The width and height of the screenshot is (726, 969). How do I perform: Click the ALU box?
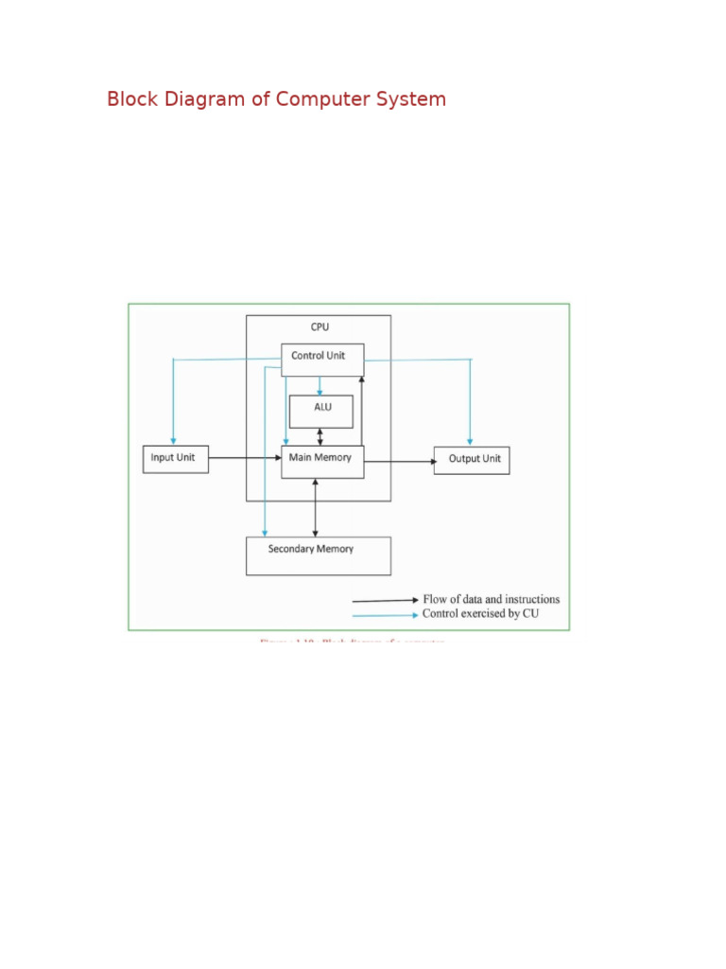(x=321, y=410)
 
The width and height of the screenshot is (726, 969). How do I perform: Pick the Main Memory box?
(x=322, y=461)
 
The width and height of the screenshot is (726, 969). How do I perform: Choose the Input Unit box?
(x=175, y=459)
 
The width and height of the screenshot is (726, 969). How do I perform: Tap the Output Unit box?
(x=472, y=460)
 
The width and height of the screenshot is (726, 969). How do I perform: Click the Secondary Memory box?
(x=318, y=555)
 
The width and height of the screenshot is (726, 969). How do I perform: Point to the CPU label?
(x=320, y=327)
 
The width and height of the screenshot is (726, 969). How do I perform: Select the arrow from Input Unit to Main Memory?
(x=244, y=459)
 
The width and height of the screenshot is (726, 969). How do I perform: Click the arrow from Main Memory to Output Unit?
(x=399, y=462)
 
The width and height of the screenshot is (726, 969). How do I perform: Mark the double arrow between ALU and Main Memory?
(x=320, y=436)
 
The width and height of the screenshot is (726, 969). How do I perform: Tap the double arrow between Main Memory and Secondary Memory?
(x=315, y=508)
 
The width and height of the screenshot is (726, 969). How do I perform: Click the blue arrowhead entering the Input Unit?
(x=173, y=440)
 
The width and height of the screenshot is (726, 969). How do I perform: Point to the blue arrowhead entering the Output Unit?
(x=471, y=441)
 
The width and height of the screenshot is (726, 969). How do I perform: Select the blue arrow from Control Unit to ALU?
(x=320, y=385)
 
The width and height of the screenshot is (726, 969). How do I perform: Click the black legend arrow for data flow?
(x=385, y=600)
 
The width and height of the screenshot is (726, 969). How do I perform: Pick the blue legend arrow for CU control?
(x=385, y=615)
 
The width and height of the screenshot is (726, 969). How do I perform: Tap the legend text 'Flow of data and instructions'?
(x=491, y=599)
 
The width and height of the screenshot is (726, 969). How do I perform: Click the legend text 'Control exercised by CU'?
(x=481, y=614)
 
